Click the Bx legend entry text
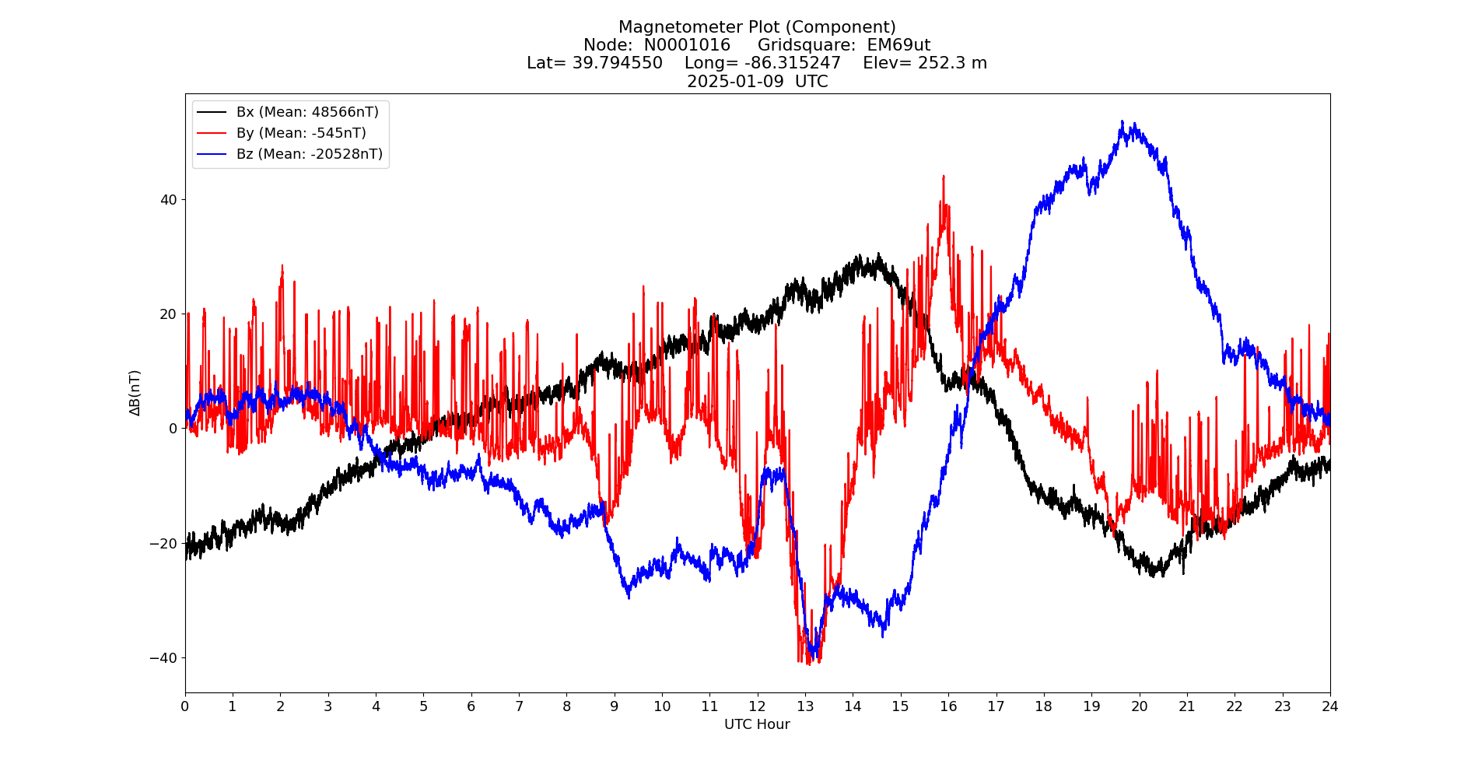307,112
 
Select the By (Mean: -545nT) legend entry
301,133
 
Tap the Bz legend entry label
310,154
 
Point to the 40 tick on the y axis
169,199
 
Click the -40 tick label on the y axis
164,657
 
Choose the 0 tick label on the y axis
173,428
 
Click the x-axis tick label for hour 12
757,706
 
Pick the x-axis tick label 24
1329,706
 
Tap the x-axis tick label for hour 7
519,706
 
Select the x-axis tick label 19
1091,706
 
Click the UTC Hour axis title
757,724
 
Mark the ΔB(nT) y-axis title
135,392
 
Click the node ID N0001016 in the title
687,45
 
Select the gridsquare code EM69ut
898,45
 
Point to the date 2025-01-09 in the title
735,82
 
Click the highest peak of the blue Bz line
1123,121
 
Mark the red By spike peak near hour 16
944,177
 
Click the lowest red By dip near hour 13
809,664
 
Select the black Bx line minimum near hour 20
1156,576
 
